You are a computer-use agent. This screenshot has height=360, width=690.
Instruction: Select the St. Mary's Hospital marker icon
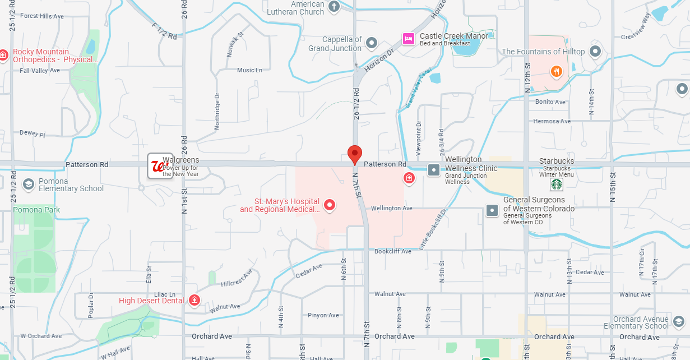[x=330, y=205]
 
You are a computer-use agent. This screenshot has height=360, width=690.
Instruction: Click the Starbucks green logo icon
[x=556, y=184]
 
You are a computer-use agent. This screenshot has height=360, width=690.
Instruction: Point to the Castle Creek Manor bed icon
[x=408, y=39]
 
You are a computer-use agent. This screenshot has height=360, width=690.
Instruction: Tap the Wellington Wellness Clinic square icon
[x=434, y=169]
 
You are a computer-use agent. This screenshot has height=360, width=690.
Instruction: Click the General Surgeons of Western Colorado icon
[x=492, y=210]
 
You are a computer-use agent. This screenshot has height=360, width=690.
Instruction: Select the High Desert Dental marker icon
[x=195, y=301]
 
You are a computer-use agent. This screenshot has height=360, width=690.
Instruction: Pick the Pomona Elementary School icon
[x=28, y=184]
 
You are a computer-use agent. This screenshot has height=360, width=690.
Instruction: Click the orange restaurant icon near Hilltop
[x=556, y=71]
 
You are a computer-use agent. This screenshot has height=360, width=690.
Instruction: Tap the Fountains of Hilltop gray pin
[x=595, y=52]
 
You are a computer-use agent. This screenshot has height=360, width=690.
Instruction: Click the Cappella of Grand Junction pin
[x=371, y=43]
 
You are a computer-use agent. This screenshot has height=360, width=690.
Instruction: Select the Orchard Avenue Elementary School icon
[x=678, y=321]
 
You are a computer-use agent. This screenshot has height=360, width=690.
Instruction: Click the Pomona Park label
[x=36, y=210]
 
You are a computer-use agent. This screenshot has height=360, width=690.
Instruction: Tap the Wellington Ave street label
[x=391, y=208]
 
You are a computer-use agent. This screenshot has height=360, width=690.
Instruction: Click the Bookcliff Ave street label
[x=393, y=251]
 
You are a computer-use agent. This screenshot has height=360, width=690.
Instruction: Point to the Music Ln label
[x=249, y=70]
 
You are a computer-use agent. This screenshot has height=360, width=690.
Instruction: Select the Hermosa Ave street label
[x=552, y=121]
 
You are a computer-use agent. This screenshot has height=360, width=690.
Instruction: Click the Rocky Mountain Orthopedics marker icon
[x=4, y=55]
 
